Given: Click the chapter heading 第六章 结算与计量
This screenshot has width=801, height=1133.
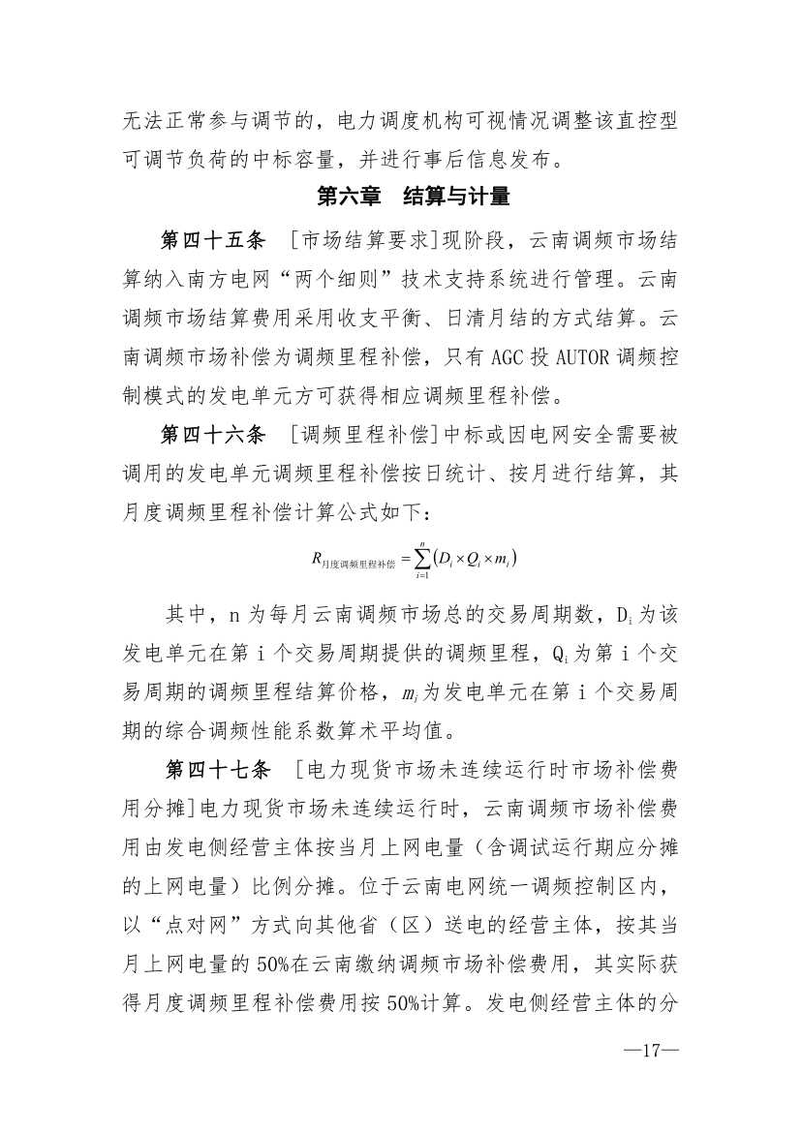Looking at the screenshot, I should (x=414, y=197).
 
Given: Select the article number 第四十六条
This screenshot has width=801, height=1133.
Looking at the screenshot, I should (x=211, y=436).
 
